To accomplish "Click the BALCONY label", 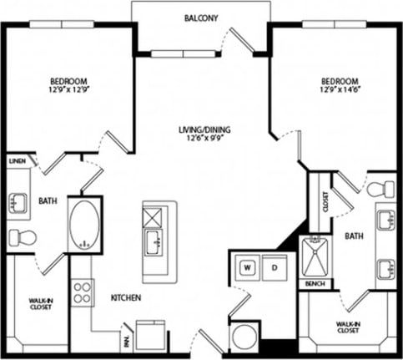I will pos(200,17).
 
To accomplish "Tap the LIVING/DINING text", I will pos(204,129).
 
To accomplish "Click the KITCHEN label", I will pos(125,298).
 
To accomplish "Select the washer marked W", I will pos(248,268).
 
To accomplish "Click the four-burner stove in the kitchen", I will pos(82,292).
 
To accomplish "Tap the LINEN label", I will pos(17,160).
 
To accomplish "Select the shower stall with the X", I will pos(315,256).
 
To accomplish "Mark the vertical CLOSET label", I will pos(325,201).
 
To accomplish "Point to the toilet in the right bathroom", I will pos(380,189).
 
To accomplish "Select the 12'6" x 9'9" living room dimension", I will pos(204,140).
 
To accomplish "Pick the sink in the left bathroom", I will pos(18,202).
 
